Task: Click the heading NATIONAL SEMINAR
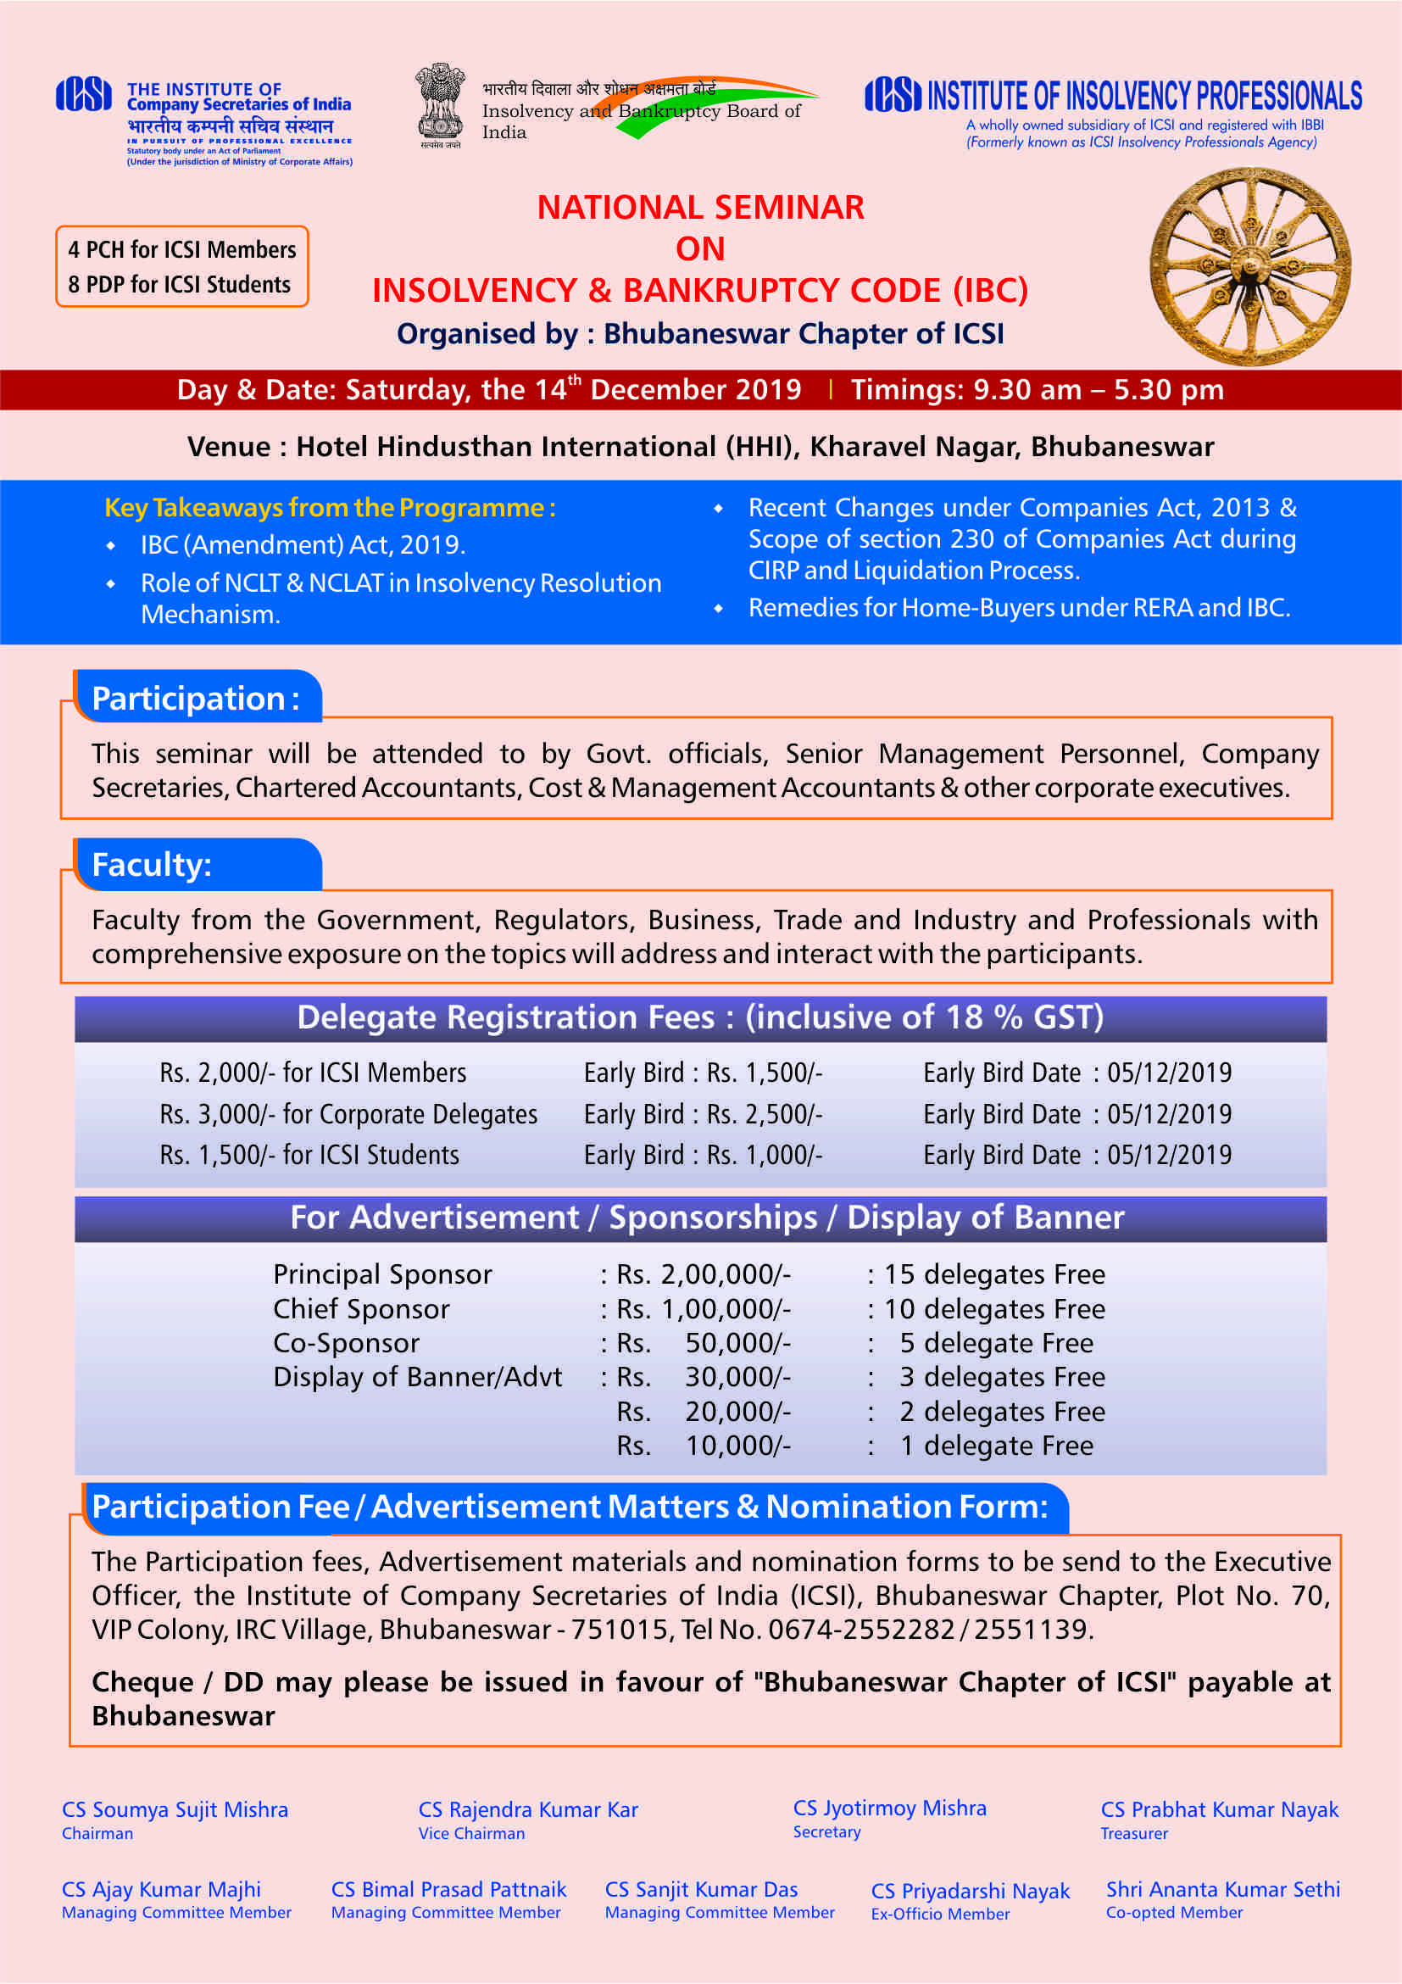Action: tap(699, 208)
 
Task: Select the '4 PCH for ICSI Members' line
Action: tap(181, 250)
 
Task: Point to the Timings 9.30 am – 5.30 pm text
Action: tap(1037, 390)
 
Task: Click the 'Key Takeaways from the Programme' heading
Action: tap(329, 507)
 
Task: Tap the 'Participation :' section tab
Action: tap(196, 698)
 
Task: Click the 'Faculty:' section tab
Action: tap(152, 865)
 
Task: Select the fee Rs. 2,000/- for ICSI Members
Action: tap(313, 1073)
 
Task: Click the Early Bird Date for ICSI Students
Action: tap(1077, 1156)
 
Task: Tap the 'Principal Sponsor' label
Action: tap(381, 1274)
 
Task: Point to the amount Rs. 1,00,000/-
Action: tap(704, 1309)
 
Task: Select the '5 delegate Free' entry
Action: tap(996, 1343)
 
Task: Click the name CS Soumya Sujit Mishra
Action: tap(175, 1809)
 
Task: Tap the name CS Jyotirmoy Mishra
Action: tap(889, 1808)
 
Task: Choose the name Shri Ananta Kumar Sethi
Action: tap(1222, 1889)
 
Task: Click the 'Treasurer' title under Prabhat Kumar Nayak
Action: tap(1133, 1834)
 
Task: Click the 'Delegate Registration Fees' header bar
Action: tap(699, 1018)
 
